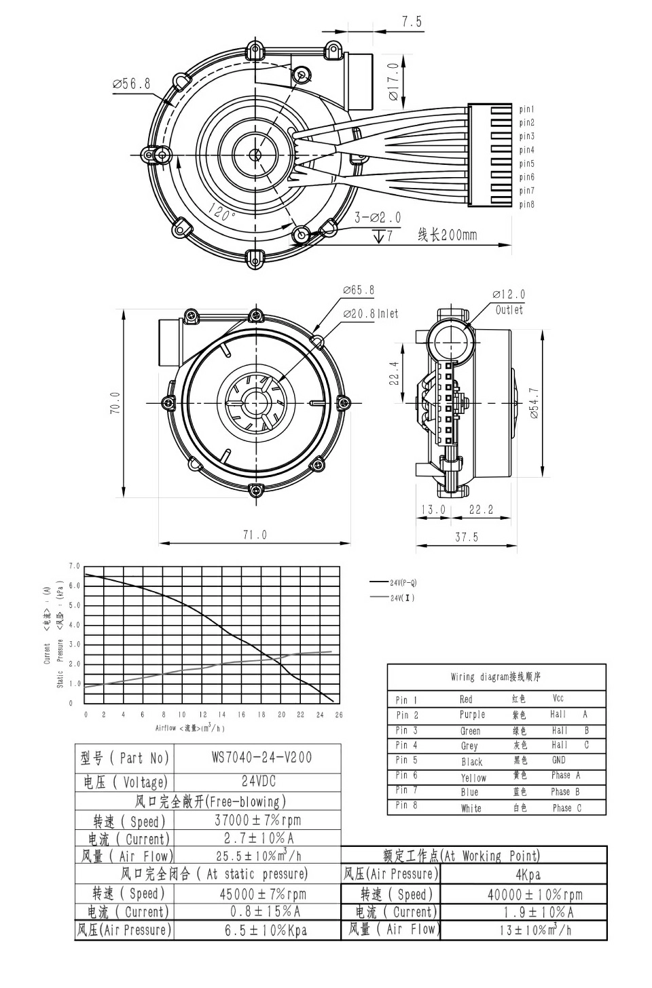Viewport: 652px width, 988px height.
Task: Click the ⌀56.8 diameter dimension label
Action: coord(132,84)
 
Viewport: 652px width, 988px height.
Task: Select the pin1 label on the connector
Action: coord(527,109)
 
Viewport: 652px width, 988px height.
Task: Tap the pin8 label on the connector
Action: coord(527,204)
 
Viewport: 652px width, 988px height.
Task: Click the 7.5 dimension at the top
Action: coord(412,22)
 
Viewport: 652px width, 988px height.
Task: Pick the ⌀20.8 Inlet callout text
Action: coord(371,313)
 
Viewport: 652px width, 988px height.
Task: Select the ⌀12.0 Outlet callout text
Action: coord(509,302)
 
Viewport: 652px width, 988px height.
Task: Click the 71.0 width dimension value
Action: coord(255,535)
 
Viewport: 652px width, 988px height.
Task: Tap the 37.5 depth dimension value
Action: coord(466,537)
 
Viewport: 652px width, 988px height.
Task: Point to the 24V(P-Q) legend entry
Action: coord(403,582)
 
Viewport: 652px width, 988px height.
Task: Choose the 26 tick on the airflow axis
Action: coord(339,715)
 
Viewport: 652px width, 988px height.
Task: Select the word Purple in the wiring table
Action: coord(472,715)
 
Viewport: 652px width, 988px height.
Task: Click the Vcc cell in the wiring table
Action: coord(558,698)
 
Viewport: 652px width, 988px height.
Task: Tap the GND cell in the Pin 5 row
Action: coord(558,761)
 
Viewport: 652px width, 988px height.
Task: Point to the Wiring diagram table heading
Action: coord(496,677)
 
